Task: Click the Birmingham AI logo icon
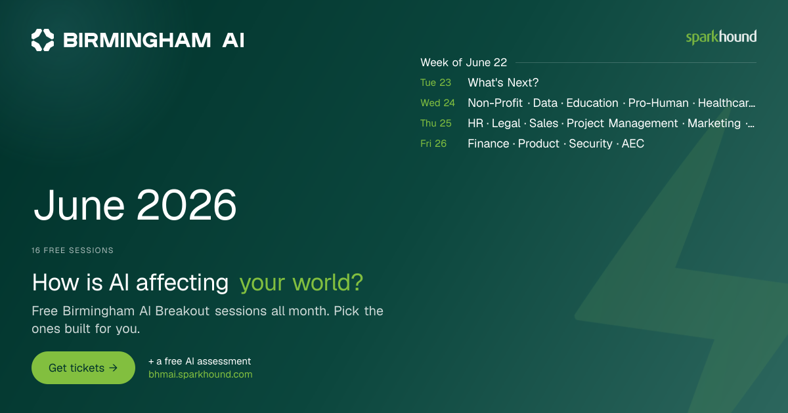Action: click(x=43, y=40)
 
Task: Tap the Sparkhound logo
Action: click(x=721, y=37)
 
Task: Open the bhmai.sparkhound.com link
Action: click(x=200, y=374)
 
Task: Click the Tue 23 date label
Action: click(x=435, y=83)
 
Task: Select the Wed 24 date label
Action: click(x=437, y=103)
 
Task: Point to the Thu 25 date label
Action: click(x=436, y=123)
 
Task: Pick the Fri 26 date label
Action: click(x=433, y=144)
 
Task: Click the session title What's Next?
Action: click(x=503, y=83)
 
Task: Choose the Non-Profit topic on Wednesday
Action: click(x=495, y=103)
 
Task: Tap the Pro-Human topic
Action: click(x=658, y=103)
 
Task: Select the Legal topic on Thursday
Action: click(x=506, y=123)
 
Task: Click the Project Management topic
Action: click(x=622, y=123)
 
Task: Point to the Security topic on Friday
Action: click(x=590, y=144)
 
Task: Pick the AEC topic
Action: click(x=633, y=144)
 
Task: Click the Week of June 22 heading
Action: click(x=464, y=62)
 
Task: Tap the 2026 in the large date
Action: click(x=186, y=205)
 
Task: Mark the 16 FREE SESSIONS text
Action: click(x=72, y=250)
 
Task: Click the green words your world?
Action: click(x=301, y=283)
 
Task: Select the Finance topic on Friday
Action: click(x=489, y=144)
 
